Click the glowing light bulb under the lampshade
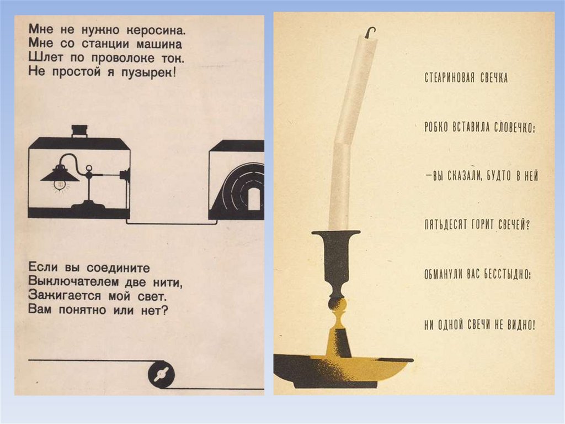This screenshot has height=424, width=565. pyautogui.click(x=60, y=185)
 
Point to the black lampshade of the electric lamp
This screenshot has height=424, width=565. pyautogui.click(x=60, y=174)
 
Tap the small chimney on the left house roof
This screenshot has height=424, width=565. pyautogui.click(x=79, y=131)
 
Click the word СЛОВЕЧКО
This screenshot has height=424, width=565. pyautogui.click(x=514, y=128)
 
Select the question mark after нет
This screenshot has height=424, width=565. pyautogui.click(x=164, y=310)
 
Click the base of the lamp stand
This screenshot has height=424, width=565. pyautogui.click(x=88, y=206)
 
